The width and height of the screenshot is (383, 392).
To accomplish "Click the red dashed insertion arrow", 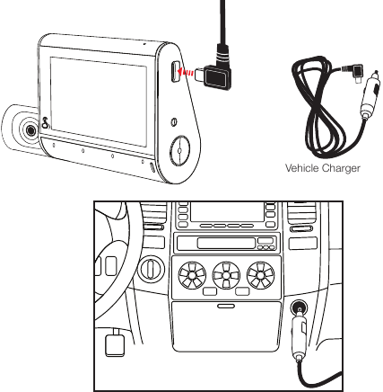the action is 185,72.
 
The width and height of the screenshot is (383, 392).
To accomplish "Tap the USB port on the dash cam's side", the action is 176,71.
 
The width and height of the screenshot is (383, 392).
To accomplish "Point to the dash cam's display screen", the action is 99,102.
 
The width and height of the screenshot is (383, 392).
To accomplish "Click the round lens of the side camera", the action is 30,130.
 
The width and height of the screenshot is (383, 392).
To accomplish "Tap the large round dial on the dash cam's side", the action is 179,150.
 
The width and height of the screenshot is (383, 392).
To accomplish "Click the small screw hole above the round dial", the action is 174,122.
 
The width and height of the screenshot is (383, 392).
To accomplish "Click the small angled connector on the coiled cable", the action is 355,73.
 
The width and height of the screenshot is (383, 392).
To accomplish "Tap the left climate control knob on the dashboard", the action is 192,275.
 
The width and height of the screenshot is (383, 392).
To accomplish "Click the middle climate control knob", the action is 226,275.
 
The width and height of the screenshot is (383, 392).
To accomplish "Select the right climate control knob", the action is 260,275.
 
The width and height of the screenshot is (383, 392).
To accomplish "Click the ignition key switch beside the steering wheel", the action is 152,268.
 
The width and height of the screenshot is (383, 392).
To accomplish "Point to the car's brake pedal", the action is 115,344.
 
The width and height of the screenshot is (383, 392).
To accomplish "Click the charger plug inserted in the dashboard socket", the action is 299,337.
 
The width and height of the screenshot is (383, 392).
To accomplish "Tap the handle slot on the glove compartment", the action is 226,306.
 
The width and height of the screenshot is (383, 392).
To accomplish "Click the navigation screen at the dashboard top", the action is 228,211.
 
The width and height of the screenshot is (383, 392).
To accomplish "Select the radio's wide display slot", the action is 226,243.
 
